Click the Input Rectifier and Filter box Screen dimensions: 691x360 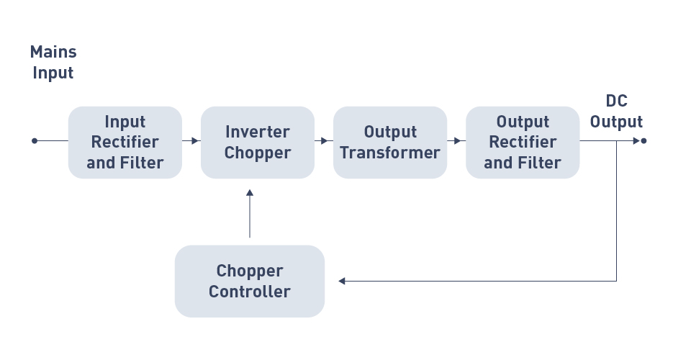pyautogui.click(x=125, y=143)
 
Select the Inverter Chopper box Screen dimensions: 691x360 pyautogui.click(x=258, y=143)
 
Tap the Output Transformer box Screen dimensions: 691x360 pyautogui.click(x=390, y=143)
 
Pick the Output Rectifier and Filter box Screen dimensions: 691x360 pyautogui.click(x=523, y=143)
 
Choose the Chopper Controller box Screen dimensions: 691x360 pyautogui.click(x=250, y=281)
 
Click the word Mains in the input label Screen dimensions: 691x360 pyautogui.click(x=53, y=52)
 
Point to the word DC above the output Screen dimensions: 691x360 pyautogui.click(x=617, y=101)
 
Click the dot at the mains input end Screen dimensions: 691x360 pyautogui.click(x=35, y=141)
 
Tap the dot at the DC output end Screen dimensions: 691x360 pyautogui.click(x=643, y=141)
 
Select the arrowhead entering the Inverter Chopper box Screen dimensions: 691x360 pyautogui.click(x=195, y=141)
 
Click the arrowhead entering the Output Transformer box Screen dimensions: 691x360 pyautogui.click(x=325, y=141)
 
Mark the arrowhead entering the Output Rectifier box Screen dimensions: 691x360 pyautogui.click(x=457, y=141)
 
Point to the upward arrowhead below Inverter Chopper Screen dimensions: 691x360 pyautogui.click(x=250, y=192)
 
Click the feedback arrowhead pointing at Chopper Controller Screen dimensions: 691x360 pyautogui.click(x=342, y=281)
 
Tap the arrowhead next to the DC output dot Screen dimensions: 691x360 pyautogui.click(x=636, y=141)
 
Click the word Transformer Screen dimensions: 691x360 pyautogui.click(x=390, y=153)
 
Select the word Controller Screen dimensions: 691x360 pyautogui.click(x=250, y=292)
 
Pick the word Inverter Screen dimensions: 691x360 pyautogui.click(x=258, y=132)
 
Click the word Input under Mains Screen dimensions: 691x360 pyautogui.click(x=53, y=73)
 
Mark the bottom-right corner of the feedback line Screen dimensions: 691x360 pyautogui.click(x=616, y=281)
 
